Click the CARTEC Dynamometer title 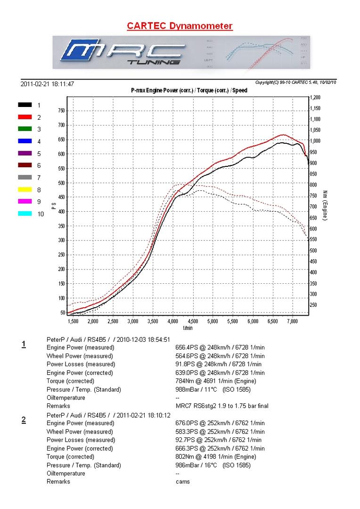tap(180, 26)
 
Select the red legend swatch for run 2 tap(25, 117)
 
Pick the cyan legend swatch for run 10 tap(25, 214)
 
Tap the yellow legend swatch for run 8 tap(25, 189)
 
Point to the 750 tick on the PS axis tap(61, 111)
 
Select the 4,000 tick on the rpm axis tap(173, 321)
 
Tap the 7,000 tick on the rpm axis tap(293, 321)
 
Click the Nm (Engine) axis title tap(325, 205)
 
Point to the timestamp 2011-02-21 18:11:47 tap(47, 84)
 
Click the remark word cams tap(183, 482)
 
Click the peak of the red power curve tap(282, 135)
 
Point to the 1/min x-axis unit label tap(188, 328)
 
